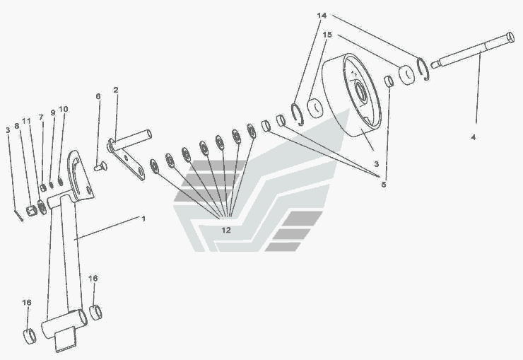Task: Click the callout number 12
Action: point(226,230)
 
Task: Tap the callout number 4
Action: point(473,137)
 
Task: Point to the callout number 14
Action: point(322,16)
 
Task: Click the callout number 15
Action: point(327,35)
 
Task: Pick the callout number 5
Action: point(384,185)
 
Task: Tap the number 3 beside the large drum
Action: point(376,164)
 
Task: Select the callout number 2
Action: point(116,90)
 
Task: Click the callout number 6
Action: point(98,96)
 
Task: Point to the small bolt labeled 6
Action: point(100,166)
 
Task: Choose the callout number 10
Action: point(64,109)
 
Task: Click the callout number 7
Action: point(41,117)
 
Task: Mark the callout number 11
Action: point(26,120)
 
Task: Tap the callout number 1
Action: point(143,219)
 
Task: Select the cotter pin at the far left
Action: point(18,215)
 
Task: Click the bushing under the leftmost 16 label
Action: point(30,336)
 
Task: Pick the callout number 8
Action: point(17,126)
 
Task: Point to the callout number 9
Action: point(53,112)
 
